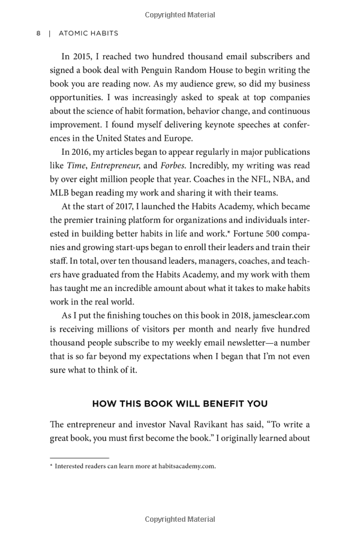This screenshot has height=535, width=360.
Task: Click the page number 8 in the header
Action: pyautogui.click(x=38, y=34)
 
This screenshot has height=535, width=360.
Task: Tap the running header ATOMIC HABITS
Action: pyautogui.click(x=88, y=34)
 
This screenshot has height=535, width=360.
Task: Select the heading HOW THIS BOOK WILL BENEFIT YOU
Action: pyautogui.click(x=179, y=404)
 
